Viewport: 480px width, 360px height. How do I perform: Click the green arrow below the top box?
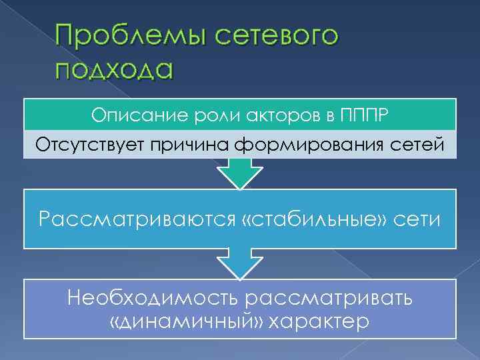click(239, 175)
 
